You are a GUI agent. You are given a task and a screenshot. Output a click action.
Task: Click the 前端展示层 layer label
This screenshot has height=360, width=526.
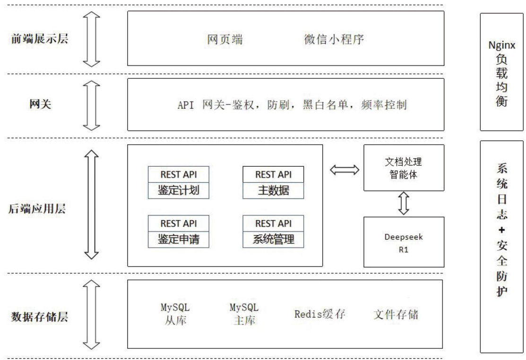[40, 39]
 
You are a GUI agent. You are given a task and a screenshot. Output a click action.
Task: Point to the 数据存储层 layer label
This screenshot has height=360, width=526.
[39, 317]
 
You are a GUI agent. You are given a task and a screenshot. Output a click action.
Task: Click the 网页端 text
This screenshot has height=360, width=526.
[225, 39]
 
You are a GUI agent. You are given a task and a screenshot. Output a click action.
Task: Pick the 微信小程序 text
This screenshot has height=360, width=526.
[334, 39]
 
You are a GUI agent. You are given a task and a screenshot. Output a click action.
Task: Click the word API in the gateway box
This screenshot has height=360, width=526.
[186, 105]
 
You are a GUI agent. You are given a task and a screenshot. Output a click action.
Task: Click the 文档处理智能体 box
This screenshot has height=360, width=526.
[403, 168]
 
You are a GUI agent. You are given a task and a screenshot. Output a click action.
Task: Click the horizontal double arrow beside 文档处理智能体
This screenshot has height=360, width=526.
[344, 171]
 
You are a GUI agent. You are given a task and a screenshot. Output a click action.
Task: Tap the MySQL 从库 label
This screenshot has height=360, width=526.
[175, 314]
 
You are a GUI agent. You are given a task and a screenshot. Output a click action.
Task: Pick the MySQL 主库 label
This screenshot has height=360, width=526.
[244, 314]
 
